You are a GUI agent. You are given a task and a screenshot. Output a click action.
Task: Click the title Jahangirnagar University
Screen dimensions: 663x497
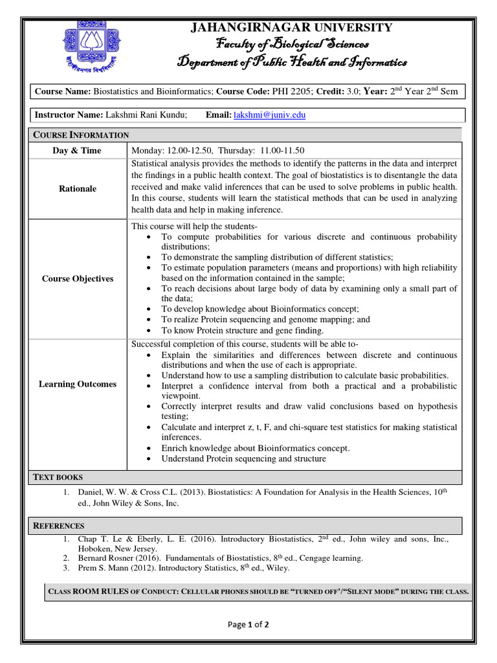pyautogui.click(x=291, y=27)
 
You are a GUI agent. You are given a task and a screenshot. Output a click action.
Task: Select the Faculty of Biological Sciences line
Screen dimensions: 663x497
pyautogui.click(x=292, y=44)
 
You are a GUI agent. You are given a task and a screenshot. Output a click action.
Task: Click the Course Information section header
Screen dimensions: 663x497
pyautogui.click(x=81, y=135)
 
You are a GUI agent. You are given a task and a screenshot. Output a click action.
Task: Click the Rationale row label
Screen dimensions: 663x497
pyautogui.click(x=78, y=188)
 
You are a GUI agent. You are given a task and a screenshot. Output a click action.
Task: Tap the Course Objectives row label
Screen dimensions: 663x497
pyautogui.click(x=78, y=278)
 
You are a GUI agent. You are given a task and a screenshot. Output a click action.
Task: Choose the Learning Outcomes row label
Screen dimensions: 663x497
pyautogui.click(x=78, y=384)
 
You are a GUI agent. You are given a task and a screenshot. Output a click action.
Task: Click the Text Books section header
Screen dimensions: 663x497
pyautogui.click(x=58, y=477)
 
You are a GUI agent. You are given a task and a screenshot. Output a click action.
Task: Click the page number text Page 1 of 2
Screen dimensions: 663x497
pyautogui.click(x=248, y=625)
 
